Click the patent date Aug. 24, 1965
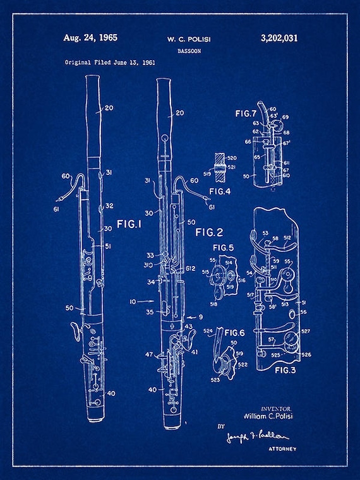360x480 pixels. click(x=90, y=38)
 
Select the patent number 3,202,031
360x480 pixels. click(x=279, y=39)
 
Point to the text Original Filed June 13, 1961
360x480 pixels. click(x=110, y=63)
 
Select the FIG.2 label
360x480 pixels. click(x=210, y=232)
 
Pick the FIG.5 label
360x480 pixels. click(x=222, y=247)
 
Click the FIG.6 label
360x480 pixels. click(x=234, y=333)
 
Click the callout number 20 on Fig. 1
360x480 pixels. click(x=109, y=108)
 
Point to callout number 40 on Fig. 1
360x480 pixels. click(x=111, y=393)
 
